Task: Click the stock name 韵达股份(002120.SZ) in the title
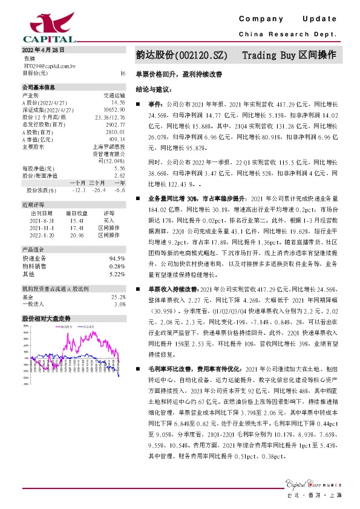[x=182, y=55]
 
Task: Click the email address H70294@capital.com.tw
[x=49, y=65]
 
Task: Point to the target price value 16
[x=123, y=73]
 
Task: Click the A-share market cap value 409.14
[x=117, y=138]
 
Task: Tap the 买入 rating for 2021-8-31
[x=109, y=221]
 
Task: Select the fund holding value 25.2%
[x=119, y=297]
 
